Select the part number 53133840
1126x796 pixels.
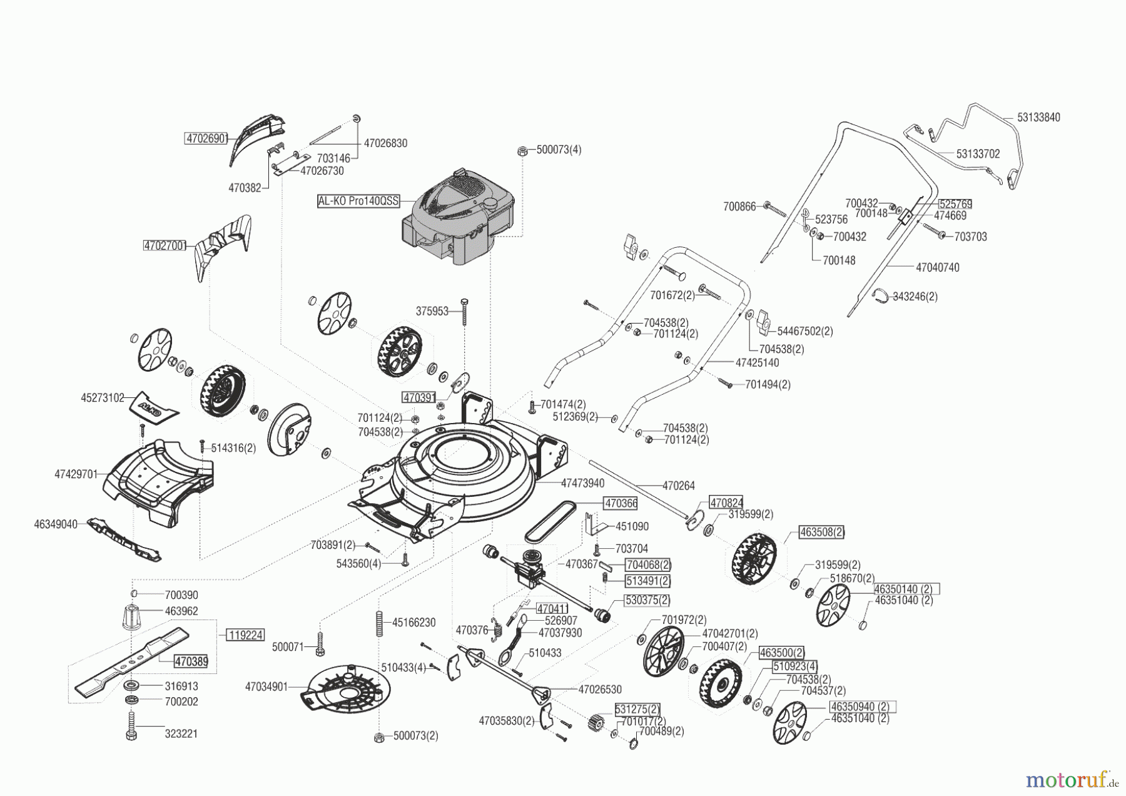point(1038,118)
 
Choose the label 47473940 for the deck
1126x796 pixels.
point(583,483)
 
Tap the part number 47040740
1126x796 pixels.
point(938,267)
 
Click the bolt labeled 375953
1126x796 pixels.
point(464,312)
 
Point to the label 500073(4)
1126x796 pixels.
point(559,150)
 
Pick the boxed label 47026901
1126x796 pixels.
point(206,139)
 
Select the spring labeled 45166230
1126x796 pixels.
point(378,623)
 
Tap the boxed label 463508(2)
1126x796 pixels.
point(822,533)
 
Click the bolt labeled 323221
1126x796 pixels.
point(131,727)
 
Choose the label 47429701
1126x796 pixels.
point(76,474)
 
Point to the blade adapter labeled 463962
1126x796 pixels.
point(131,618)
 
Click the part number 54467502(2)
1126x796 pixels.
point(805,331)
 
